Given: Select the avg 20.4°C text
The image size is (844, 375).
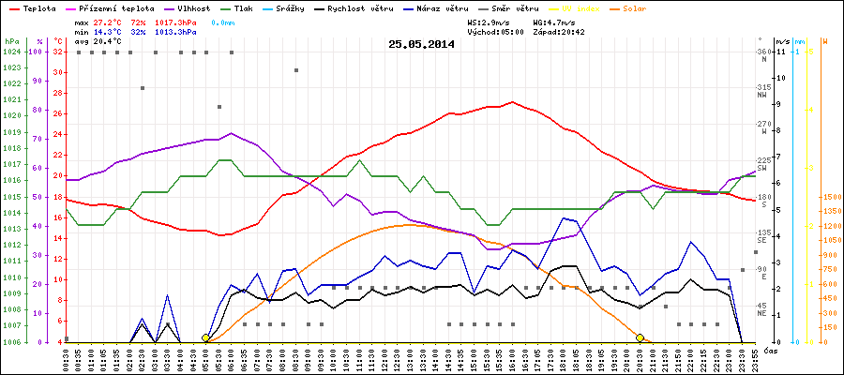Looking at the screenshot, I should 104,41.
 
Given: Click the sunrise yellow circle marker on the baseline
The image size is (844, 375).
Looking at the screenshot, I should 206,337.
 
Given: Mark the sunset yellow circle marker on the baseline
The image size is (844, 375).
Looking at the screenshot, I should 640,337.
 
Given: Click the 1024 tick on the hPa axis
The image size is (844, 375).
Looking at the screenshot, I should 11,52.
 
